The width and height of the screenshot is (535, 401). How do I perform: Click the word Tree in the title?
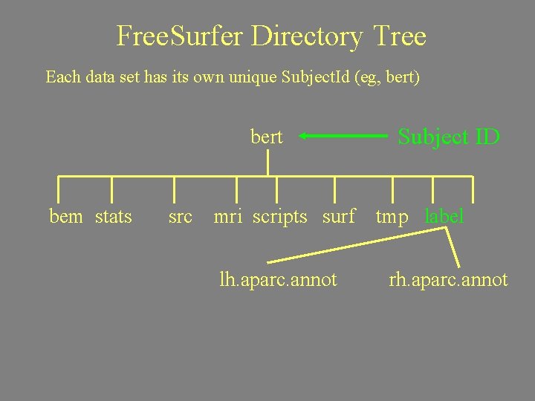pyautogui.click(x=399, y=36)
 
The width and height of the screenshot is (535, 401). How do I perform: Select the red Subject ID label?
pyautogui.click(x=449, y=137)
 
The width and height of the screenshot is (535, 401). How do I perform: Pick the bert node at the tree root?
pyautogui.click(x=267, y=137)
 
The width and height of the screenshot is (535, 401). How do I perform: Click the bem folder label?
pyautogui.click(x=66, y=217)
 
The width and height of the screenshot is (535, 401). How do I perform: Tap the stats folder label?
pyautogui.click(x=114, y=217)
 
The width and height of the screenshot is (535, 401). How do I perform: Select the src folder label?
pyautogui.click(x=181, y=217)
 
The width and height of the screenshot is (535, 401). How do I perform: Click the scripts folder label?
pyautogui.click(x=279, y=217)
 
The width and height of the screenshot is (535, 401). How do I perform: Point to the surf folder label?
pyautogui.click(x=339, y=217)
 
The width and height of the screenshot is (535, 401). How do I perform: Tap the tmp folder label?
pyautogui.click(x=392, y=217)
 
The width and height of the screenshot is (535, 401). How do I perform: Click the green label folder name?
pyautogui.click(x=444, y=217)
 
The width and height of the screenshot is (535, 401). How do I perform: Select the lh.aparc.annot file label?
pyautogui.click(x=278, y=280)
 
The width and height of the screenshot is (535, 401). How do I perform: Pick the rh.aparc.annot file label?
pyautogui.click(x=448, y=280)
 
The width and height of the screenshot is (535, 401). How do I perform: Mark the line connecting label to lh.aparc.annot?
pyautogui.click(x=357, y=246)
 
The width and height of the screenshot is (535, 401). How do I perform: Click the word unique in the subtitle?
pyautogui.click(x=252, y=76)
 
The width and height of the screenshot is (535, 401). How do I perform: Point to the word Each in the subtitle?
pyautogui.click(x=61, y=76)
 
